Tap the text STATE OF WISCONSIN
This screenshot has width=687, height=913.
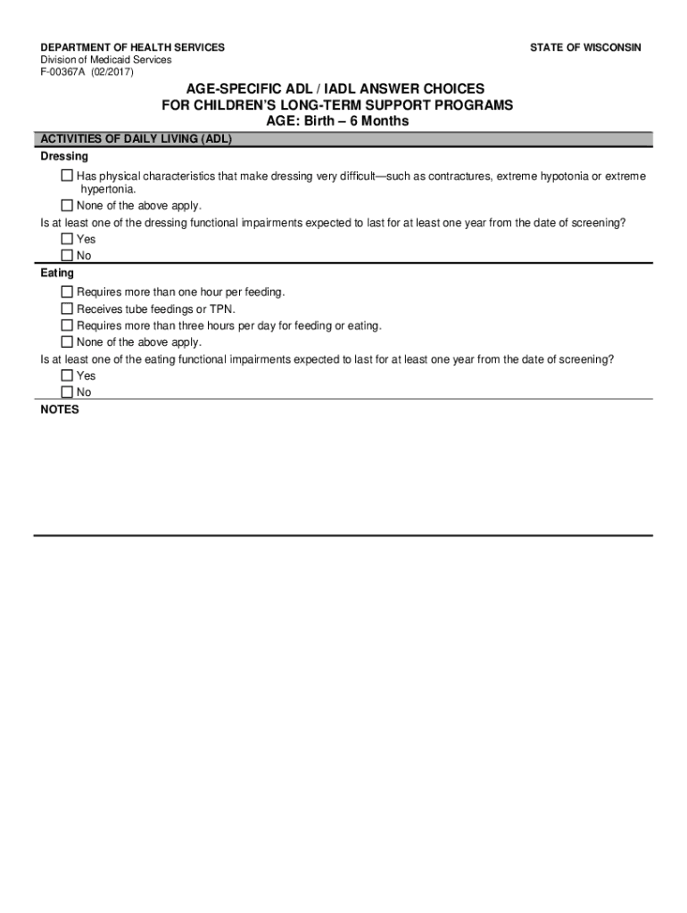[584, 47]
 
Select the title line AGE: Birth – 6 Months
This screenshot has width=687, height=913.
[337, 121]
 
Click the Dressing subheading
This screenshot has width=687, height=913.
[64, 156]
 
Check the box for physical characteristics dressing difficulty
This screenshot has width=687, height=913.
[68, 177]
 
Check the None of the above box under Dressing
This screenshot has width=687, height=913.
[68, 205]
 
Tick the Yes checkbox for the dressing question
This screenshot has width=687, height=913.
[68, 239]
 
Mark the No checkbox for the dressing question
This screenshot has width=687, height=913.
[68, 255]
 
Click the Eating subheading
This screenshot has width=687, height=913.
[57, 273]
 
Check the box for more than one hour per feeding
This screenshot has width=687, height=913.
[68, 292]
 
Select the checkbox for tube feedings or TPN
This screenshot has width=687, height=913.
[68, 308]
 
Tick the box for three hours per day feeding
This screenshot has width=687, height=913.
[68, 325]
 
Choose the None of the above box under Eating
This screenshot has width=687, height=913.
[68, 341]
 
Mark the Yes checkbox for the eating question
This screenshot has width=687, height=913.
[68, 375]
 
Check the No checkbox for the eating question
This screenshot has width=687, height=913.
[68, 392]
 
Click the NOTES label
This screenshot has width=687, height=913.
[60, 409]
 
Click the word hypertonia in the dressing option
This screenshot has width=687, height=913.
[107, 190]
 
